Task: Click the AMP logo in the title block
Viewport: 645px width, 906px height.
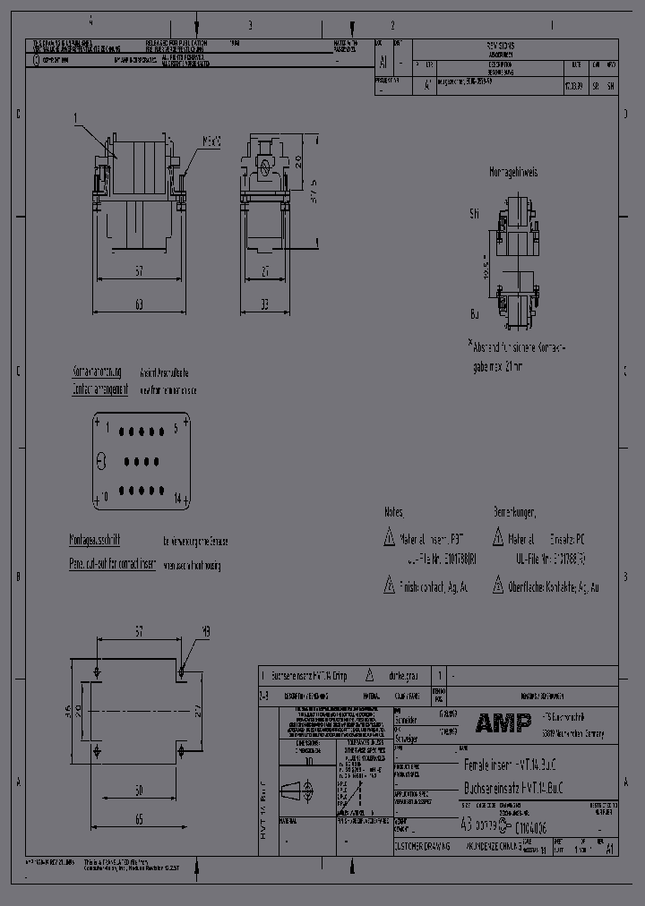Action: (503, 722)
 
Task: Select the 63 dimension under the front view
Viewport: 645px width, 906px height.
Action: (140, 304)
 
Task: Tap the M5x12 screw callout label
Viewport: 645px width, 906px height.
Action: (211, 141)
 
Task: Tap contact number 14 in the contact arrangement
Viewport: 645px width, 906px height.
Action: (177, 497)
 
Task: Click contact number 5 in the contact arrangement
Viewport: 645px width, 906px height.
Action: (176, 428)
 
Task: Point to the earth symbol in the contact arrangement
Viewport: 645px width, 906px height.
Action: (100, 462)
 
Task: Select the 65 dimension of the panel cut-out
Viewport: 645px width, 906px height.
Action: (140, 819)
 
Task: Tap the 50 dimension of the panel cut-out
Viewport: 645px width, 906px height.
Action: (140, 790)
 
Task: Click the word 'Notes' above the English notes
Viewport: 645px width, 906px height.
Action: (393, 512)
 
